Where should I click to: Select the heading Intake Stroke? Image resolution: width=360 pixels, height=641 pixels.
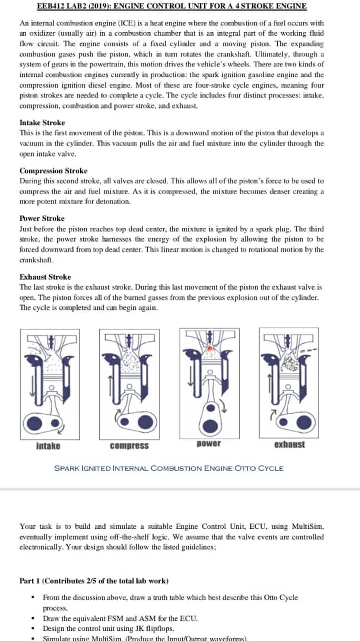click(x=42, y=123)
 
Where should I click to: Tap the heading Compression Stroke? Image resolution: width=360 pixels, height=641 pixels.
click(x=53, y=171)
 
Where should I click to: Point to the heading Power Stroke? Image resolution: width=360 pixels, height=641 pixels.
click(x=42, y=218)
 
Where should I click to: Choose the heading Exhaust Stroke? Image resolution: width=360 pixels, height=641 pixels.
click(x=45, y=277)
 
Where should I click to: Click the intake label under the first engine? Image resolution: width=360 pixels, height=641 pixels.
click(x=48, y=446)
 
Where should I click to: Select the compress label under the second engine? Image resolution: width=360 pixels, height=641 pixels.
click(x=129, y=446)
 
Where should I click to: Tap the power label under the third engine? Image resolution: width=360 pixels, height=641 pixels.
click(x=208, y=444)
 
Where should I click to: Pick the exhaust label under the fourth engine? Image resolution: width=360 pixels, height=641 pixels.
click(x=289, y=445)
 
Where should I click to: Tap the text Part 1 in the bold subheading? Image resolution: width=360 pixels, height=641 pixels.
click(x=31, y=580)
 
